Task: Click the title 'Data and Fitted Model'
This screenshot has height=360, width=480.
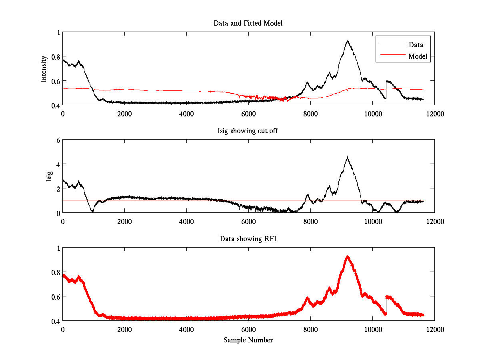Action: point(248,23)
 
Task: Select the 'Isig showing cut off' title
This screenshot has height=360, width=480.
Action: point(248,131)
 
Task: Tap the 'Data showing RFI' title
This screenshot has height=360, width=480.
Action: point(248,239)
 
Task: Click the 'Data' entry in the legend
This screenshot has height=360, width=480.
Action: point(416,45)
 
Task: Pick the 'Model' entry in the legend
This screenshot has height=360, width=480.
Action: point(418,56)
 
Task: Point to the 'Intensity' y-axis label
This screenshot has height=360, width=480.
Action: point(44,68)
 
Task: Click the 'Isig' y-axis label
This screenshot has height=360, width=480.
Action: point(49,176)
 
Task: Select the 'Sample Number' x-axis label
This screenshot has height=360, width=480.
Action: point(248,340)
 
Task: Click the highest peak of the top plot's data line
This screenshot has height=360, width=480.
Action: point(348,41)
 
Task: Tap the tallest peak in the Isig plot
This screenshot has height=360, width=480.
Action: point(347,156)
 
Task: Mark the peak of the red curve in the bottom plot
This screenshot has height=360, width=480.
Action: point(348,256)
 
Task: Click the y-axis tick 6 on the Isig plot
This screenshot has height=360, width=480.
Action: point(58,140)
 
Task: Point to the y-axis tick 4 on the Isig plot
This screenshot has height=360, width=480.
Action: point(58,164)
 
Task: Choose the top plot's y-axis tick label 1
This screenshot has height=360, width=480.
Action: point(58,32)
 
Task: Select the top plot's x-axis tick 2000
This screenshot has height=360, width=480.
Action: point(124,114)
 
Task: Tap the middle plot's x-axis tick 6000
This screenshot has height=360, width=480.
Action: point(248,221)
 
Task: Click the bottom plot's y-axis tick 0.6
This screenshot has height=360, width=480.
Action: point(56,296)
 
